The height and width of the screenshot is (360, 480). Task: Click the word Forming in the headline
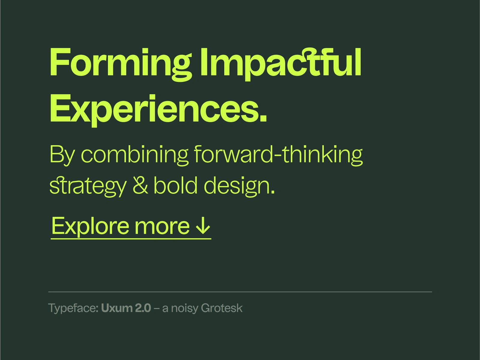(x=120, y=63)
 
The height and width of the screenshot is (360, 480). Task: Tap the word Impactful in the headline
(x=280, y=63)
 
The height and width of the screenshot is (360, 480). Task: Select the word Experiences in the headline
(x=153, y=109)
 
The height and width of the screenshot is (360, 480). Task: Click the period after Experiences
(x=263, y=118)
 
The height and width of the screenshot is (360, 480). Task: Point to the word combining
(x=135, y=154)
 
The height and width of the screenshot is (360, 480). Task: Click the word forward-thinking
(x=278, y=154)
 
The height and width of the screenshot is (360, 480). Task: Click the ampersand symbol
(x=140, y=185)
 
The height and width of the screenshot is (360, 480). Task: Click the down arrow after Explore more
(x=203, y=226)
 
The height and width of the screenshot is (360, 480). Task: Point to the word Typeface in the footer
(x=72, y=308)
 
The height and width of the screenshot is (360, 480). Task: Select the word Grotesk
(x=222, y=308)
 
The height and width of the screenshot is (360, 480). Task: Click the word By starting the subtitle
(x=62, y=155)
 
